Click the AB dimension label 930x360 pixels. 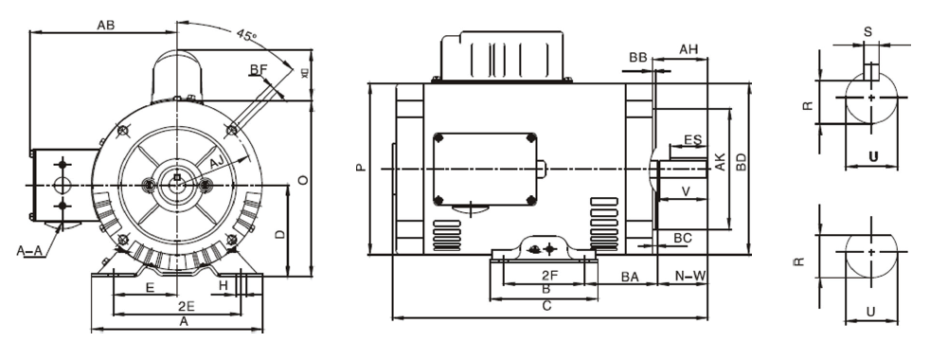pos(106,26)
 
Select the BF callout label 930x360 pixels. pos(257,68)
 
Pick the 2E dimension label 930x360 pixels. pos(186,307)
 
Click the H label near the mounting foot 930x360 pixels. pos(223,284)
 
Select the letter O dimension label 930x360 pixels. pos(301,179)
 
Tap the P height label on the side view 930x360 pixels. pos(359,169)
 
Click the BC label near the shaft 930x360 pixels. pos(681,236)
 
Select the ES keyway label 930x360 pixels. pos(691,140)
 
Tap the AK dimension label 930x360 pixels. pos(721,162)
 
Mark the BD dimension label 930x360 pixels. pos(742,162)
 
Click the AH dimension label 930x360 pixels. pos(689,48)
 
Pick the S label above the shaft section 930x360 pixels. pos(868,31)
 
